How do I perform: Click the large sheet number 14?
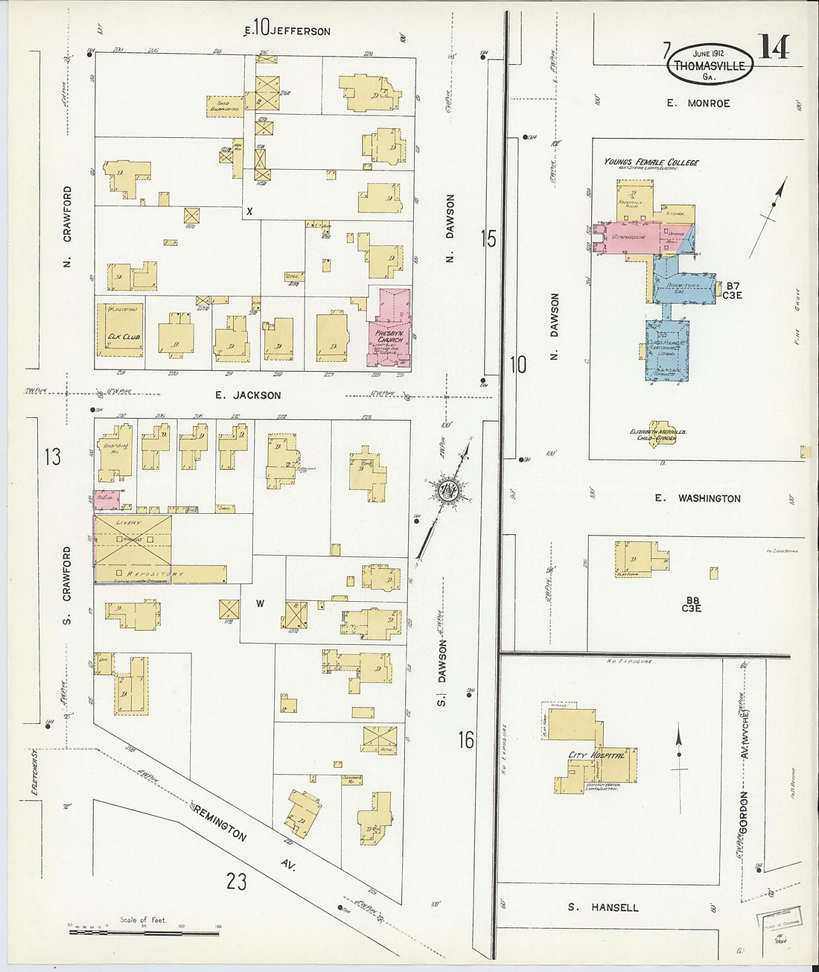click(774, 48)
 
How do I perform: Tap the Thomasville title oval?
click(709, 64)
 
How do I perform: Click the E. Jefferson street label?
click(287, 30)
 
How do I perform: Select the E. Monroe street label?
click(698, 104)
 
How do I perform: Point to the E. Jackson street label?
click(248, 396)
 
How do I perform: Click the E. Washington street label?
click(698, 498)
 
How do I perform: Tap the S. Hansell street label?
click(603, 907)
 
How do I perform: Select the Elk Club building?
click(121, 334)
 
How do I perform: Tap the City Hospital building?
click(596, 754)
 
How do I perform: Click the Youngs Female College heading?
click(651, 162)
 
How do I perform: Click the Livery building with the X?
click(133, 541)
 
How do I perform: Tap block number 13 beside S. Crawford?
click(52, 456)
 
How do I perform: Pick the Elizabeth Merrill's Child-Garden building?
click(657, 433)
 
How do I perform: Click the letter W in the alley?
click(260, 604)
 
